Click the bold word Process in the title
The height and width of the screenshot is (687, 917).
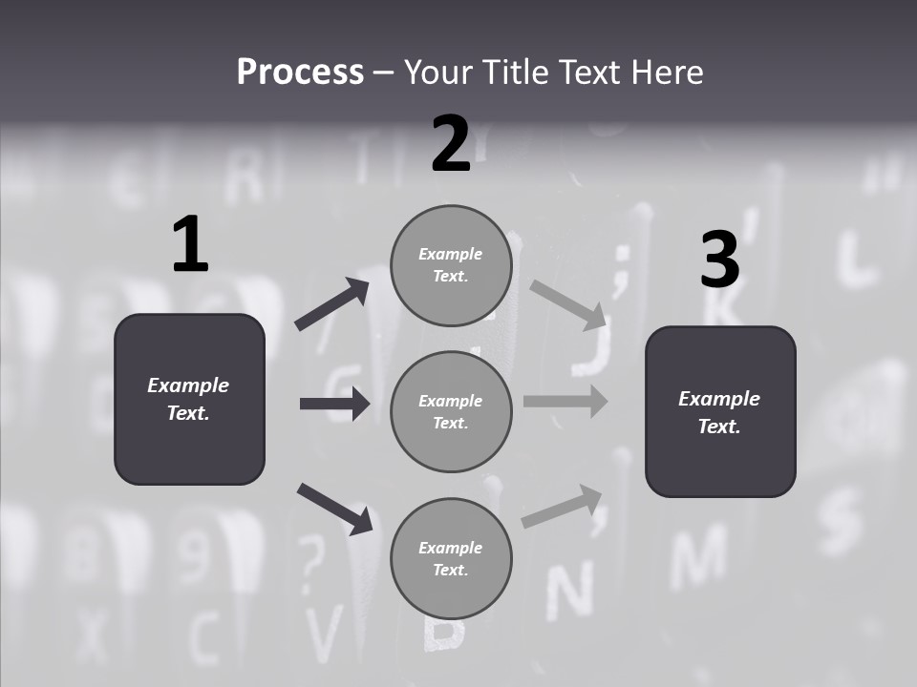coord(300,73)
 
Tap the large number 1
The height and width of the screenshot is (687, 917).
coord(190,245)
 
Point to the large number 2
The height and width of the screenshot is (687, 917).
coord(451,144)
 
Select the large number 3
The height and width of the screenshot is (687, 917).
coord(719,260)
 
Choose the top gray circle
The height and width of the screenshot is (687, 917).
coord(451,265)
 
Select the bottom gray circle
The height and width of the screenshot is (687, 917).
coord(451,559)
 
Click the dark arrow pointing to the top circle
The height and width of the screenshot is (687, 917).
coord(332,304)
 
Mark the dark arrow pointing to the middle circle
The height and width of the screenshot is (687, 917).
coord(334,404)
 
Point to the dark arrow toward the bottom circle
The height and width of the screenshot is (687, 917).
coord(334,509)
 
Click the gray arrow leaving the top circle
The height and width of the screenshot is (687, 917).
coord(568,304)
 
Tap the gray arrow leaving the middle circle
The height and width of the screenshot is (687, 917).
coord(565,401)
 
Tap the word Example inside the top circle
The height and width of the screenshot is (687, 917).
coord(450,254)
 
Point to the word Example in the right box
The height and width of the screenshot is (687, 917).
coord(719,399)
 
